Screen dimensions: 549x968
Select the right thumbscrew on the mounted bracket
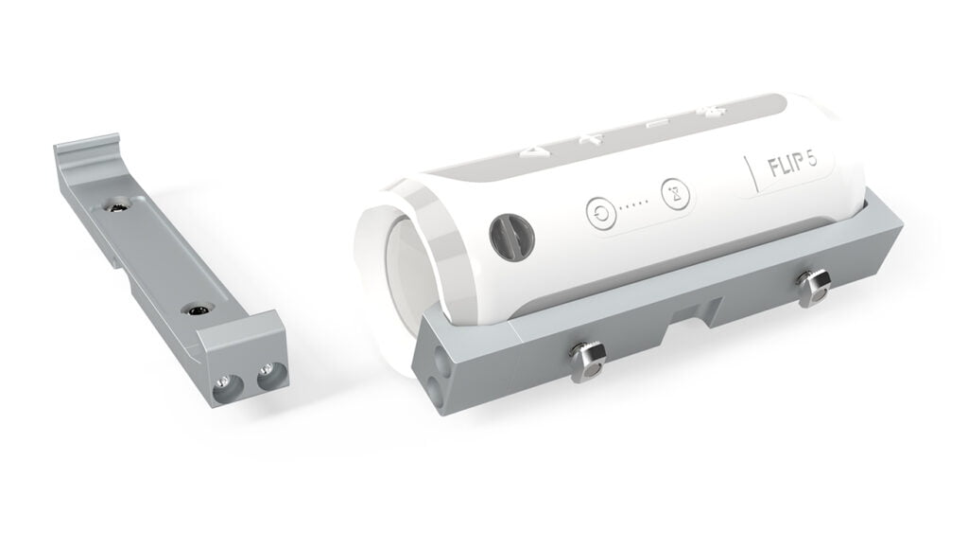click(x=810, y=283)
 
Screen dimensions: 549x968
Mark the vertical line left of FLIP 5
click(x=749, y=171)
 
